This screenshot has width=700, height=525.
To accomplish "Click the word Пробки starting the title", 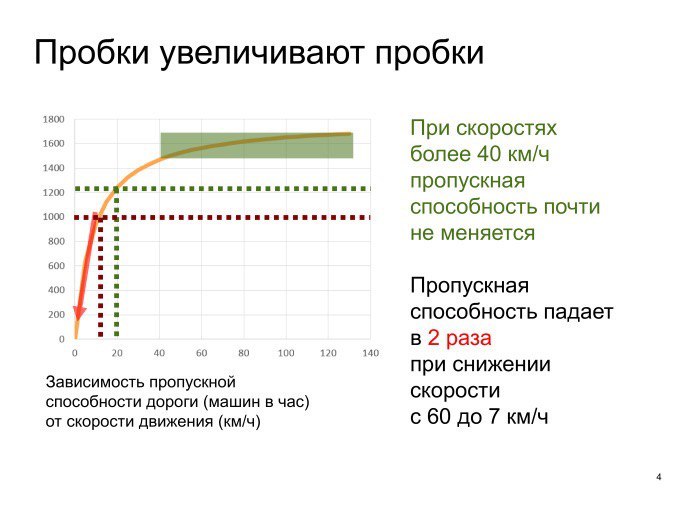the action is tap(92, 53).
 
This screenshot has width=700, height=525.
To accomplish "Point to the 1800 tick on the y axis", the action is tap(54, 119).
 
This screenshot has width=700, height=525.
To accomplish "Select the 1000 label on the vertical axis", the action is tap(54, 217).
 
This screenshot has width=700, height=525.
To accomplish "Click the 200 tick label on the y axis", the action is tap(57, 314).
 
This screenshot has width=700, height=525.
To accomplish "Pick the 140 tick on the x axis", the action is tap(371, 353).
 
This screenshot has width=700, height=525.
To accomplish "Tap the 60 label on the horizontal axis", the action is tap(201, 353).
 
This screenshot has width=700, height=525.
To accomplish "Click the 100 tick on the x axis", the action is tap(286, 353).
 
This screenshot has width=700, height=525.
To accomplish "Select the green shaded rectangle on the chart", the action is tap(257, 145).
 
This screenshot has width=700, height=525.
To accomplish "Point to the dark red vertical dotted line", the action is tap(100, 277).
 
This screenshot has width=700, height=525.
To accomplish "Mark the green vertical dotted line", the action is tap(117, 262).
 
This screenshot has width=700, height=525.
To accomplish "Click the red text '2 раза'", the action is tap(459, 338).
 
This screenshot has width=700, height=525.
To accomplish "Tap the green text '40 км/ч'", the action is tap(513, 154).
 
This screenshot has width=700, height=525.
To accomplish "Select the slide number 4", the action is tap(658, 477).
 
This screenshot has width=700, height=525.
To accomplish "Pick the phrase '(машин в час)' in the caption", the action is tap(256, 402).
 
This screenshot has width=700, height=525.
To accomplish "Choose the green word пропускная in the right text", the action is tap(467, 181).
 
